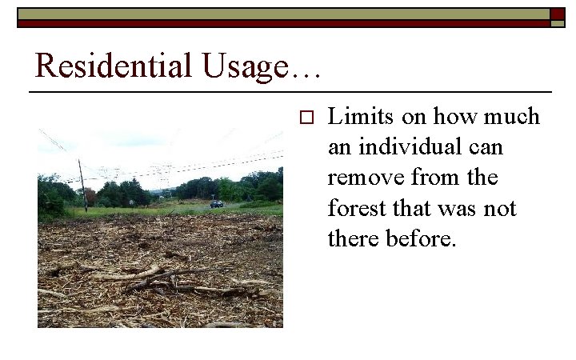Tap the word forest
pos(357,209)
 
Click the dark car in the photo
pos(217,204)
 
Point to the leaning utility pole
pos(82,185)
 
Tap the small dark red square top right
pos(557,14)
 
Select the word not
pos(500,209)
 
